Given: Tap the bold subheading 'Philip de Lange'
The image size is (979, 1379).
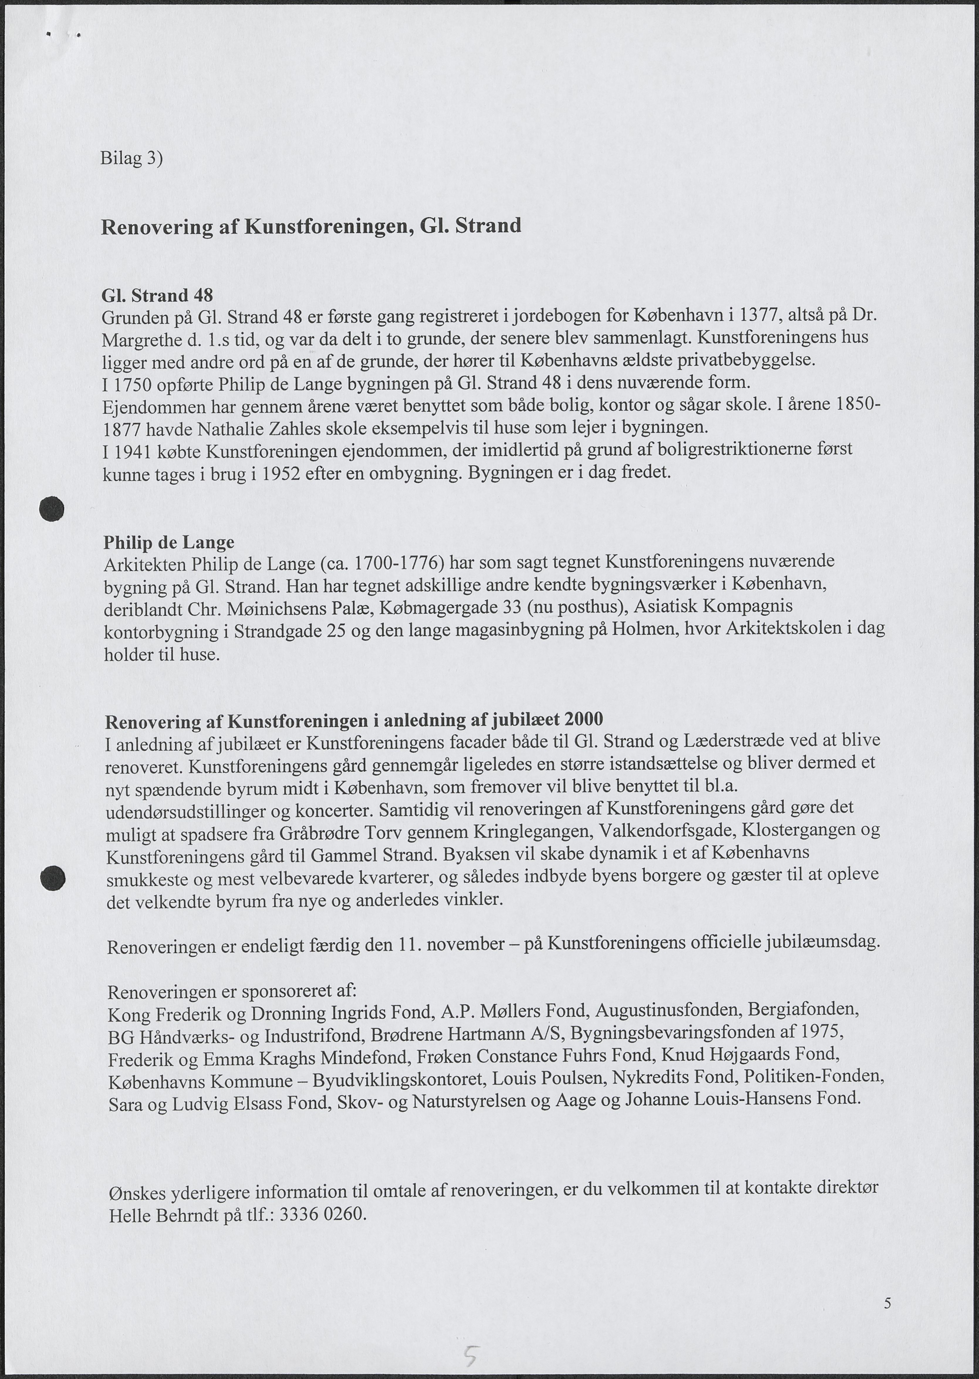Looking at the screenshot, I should pyautogui.click(x=169, y=542).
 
